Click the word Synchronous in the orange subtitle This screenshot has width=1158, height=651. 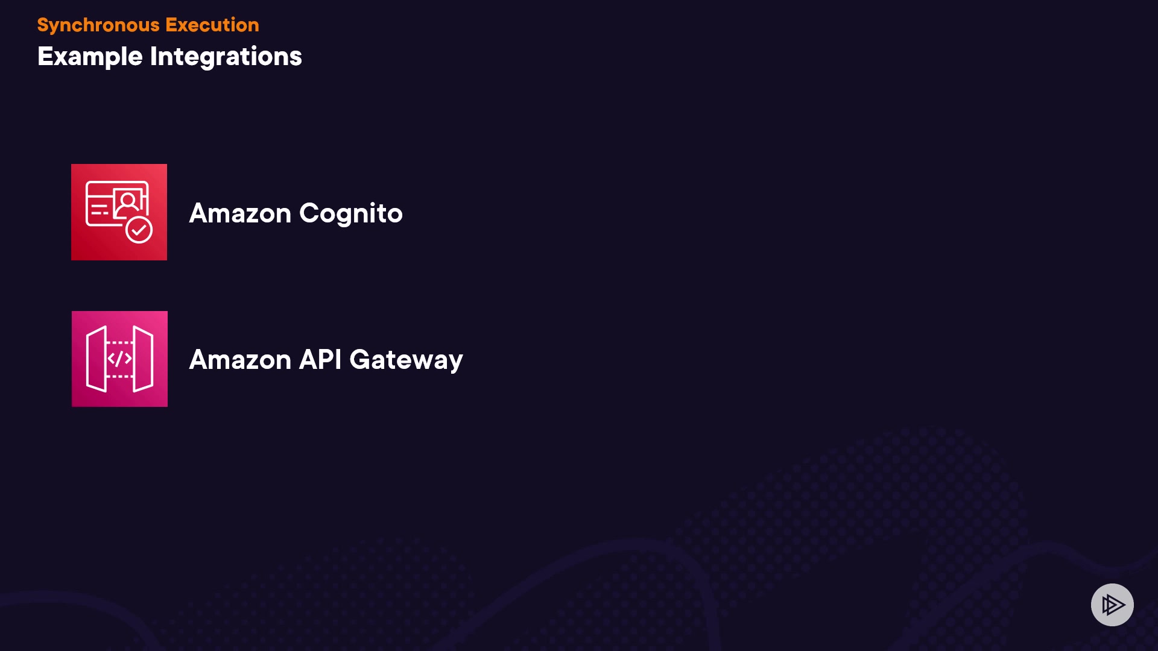[x=98, y=25]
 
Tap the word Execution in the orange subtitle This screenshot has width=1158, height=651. [x=212, y=25]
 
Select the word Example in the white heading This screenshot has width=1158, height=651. [x=90, y=57]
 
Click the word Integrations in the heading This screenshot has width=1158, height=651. [x=226, y=57]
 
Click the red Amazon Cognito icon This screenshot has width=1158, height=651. [x=119, y=212]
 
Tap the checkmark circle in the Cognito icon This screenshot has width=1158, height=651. [x=139, y=230]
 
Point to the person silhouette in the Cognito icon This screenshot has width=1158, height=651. [x=128, y=203]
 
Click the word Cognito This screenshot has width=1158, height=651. [x=351, y=214]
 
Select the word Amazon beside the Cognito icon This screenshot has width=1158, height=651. [x=240, y=213]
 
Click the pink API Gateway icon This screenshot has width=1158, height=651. [x=119, y=359]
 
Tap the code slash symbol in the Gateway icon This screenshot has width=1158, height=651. [x=119, y=359]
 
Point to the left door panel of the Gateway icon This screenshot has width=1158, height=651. [x=96, y=359]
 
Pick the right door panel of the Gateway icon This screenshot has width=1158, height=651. [x=143, y=359]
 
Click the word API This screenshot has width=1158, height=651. [x=320, y=360]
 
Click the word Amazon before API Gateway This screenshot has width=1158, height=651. [x=240, y=360]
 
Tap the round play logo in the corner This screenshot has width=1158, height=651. [x=1112, y=605]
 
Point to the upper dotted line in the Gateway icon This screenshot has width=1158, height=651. [x=120, y=342]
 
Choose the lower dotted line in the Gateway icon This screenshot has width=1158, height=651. [x=120, y=376]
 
